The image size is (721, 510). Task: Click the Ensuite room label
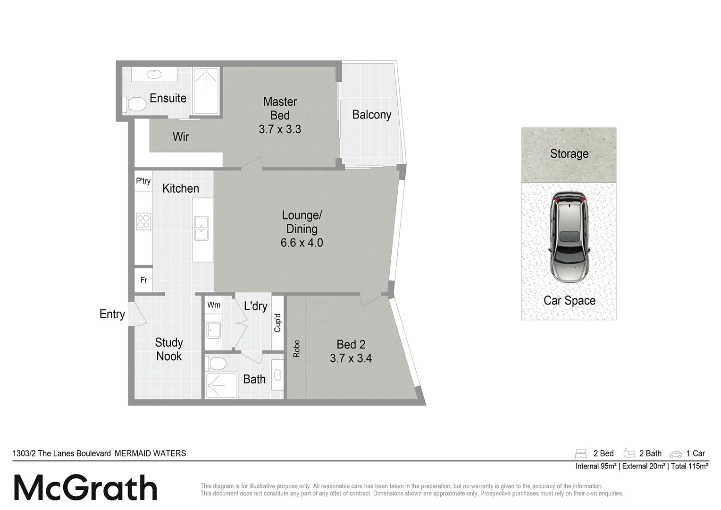click(x=168, y=98)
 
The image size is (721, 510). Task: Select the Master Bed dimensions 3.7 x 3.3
click(x=280, y=129)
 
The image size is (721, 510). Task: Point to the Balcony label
click(x=372, y=115)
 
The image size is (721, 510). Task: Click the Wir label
click(x=181, y=137)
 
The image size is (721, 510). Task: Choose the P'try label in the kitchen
click(x=143, y=181)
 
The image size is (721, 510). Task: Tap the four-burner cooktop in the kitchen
click(x=143, y=221)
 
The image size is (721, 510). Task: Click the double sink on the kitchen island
click(x=202, y=228)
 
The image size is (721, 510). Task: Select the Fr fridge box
click(x=143, y=280)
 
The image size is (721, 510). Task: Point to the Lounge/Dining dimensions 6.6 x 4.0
click(x=302, y=243)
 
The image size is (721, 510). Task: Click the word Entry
click(x=112, y=314)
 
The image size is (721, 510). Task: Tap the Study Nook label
click(x=169, y=349)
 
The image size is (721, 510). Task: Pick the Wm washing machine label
click(x=214, y=305)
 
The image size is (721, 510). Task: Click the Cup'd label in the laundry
click(x=277, y=323)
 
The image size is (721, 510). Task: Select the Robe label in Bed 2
click(x=296, y=348)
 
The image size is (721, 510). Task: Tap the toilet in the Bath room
click(x=217, y=364)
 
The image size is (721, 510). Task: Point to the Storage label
click(x=569, y=154)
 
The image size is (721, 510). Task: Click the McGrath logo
click(x=85, y=488)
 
